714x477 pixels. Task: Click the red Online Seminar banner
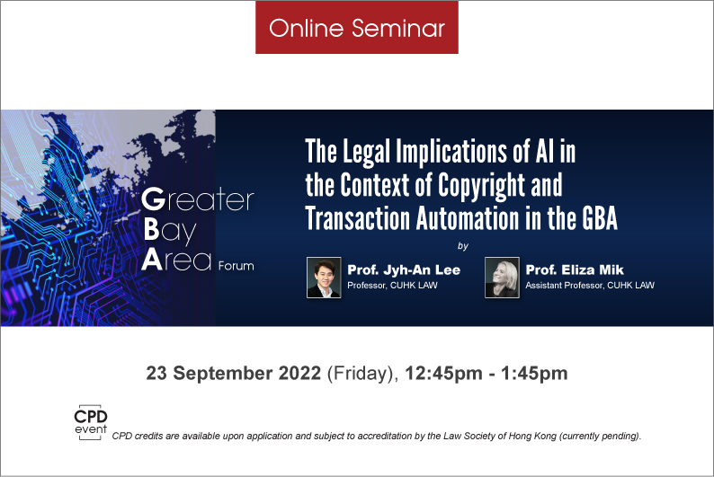coord(356,27)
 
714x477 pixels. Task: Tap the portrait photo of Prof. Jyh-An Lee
coord(324,278)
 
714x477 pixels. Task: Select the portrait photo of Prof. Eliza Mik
coord(502,278)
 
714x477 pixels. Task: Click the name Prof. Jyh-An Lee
coord(404,269)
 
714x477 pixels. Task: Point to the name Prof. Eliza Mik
coord(575,269)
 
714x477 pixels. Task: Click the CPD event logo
coord(91,422)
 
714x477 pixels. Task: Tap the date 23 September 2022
coord(233,374)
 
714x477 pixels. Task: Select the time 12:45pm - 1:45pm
coord(486,374)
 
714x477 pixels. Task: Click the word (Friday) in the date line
coord(362,374)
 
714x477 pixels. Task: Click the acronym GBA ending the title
coord(599,218)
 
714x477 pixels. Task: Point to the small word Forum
coord(236,266)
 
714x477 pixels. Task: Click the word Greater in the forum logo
coord(197,199)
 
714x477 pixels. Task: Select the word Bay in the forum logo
coord(170,230)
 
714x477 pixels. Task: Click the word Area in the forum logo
coord(176,261)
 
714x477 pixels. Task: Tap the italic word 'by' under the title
coord(462,246)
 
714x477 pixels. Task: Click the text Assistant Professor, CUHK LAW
coord(590,285)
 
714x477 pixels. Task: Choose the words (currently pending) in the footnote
coord(600,436)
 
